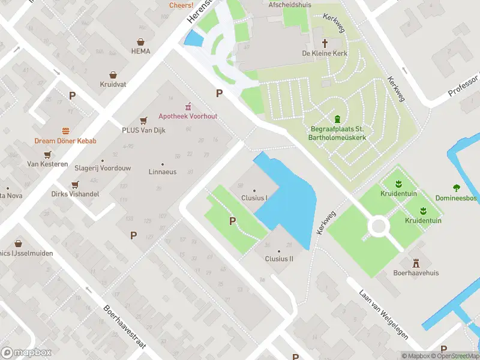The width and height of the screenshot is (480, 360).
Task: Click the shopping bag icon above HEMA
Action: [140, 42]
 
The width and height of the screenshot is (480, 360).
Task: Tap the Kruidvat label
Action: [113, 85]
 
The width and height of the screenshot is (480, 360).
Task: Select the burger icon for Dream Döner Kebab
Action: [65, 131]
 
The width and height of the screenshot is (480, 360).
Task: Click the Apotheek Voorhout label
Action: [188, 116]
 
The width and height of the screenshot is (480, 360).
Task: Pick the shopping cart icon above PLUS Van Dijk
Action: [143, 120]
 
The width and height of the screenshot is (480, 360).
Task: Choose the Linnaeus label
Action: [162, 172]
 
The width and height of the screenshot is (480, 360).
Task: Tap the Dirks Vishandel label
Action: [75, 194]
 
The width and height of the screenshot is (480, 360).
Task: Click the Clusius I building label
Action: [254, 197]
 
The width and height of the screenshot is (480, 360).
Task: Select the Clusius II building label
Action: [279, 259]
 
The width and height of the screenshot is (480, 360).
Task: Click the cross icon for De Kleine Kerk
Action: [325, 43]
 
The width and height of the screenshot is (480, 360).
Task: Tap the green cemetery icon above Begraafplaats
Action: [338, 118]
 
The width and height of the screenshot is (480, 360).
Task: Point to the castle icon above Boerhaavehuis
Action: [416, 262]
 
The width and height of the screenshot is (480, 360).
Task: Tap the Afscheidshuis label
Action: [290, 4]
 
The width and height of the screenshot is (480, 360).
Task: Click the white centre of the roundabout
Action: [379, 227]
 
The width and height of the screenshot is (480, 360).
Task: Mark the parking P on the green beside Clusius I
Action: [232, 221]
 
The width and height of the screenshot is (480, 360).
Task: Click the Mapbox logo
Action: [26, 352]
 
